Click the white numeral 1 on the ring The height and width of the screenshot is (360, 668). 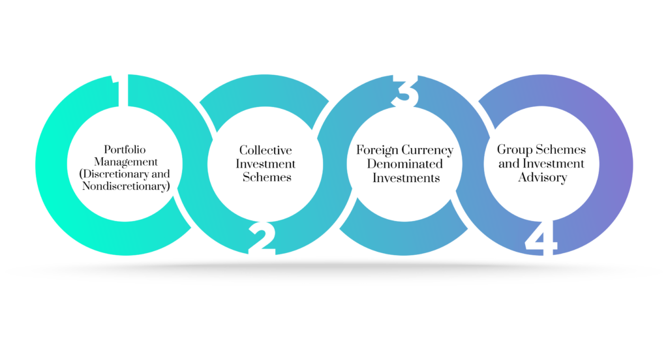[x=120, y=90]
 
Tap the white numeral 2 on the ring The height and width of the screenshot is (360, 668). [x=262, y=239]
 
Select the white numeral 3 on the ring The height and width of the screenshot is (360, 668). [x=404, y=91]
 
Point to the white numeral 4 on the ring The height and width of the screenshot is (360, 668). [x=541, y=239]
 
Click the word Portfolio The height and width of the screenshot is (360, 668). [x=125, y=149]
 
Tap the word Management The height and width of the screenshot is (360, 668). [x=126, y=162]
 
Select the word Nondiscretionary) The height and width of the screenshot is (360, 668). [x=126, y=186]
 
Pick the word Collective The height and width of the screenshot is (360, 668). [x=266, y=150]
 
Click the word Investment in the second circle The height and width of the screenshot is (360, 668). [x=266, y=164]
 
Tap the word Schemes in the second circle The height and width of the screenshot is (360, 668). [x=267, y=177]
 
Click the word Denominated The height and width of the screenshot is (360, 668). [x=404, y=164]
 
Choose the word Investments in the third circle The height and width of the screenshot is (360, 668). [x=406, y=177]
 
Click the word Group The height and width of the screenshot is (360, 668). [x=515, y=150]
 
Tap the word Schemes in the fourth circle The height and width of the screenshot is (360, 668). [x=560, y=149]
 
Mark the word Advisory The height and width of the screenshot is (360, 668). [x=542, y=177]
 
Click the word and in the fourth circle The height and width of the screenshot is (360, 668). [x=509, y=164]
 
